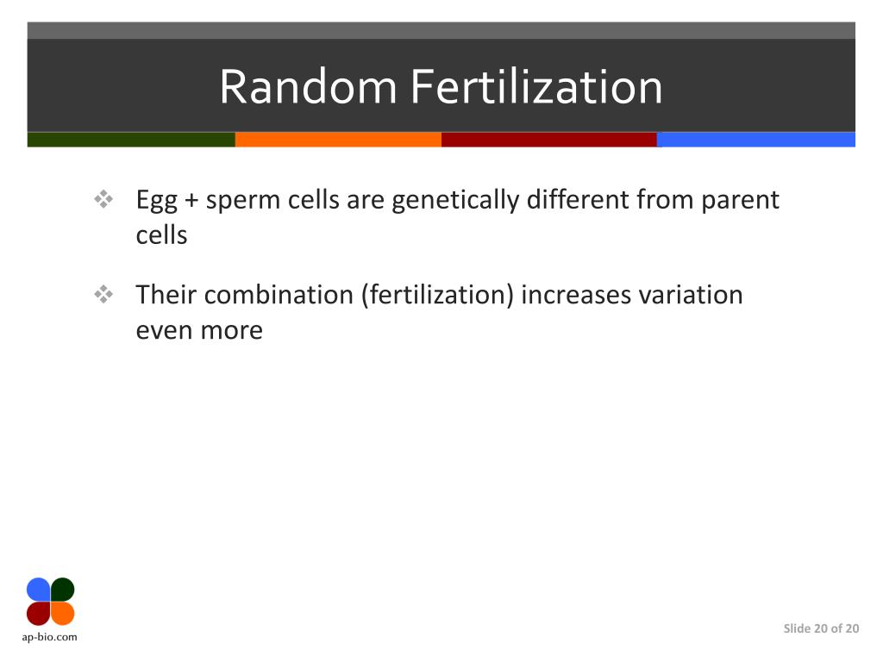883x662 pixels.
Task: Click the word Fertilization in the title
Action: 536,87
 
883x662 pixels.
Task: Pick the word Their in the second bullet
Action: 166,295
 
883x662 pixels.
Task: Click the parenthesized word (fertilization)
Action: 437,295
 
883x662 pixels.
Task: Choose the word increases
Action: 576,295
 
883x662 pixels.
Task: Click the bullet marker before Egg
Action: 103,201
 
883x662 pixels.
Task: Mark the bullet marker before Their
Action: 103,295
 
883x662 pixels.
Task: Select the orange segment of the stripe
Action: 338,140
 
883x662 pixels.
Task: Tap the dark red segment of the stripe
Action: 548,140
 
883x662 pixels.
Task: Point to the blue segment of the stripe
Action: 756,140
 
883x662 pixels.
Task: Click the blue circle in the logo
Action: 39,590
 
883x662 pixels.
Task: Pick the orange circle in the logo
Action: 63,613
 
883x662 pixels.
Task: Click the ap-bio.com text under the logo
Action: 50,638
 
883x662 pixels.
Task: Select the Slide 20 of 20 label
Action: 821,628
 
